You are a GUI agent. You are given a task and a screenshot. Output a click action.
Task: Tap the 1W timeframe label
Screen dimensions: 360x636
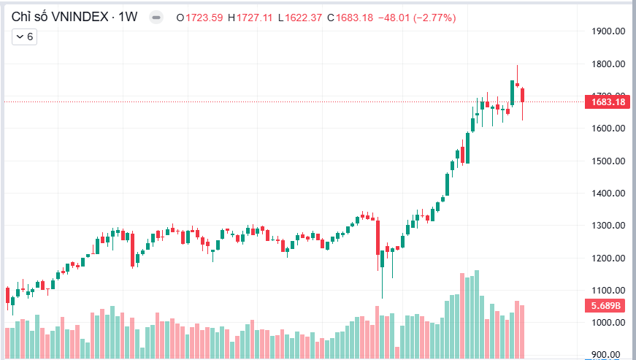click(x=129, y=17)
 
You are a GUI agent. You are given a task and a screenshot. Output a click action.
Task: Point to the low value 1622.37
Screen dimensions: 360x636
click(x=303, y=18)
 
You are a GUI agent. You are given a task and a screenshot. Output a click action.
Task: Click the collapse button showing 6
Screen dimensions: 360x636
click(x=24, y=36)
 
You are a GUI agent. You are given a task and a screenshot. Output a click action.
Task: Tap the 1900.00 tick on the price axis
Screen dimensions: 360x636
click(x=608, y=31)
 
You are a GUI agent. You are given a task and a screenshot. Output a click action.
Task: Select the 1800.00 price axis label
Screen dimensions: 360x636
click(x=608, y=64)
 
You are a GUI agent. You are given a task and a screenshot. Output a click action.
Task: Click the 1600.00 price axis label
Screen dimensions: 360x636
click(x=608, y=129)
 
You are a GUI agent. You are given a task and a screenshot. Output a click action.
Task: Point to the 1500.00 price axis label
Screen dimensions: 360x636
click(x=608, y=161)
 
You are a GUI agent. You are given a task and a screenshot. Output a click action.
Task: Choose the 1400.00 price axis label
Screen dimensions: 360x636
click(x=608, y=194)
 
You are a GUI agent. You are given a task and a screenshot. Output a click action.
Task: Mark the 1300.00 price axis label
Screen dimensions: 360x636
click(x=608, y=226)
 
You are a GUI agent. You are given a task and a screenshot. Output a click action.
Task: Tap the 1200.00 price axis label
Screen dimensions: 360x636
click(x=608, y=258)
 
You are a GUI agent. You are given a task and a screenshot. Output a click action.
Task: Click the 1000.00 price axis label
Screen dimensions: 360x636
click(x=608, y=323)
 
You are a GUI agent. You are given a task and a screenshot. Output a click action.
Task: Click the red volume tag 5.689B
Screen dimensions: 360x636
click(x=606, y=306)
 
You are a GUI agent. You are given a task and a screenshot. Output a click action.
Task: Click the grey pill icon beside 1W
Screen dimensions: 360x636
click(x=156, y=18)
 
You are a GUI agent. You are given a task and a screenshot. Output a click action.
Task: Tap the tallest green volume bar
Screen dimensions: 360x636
click(x=477, y=314)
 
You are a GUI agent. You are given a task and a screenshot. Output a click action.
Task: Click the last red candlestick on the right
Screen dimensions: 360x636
click(x=522, y=95)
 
